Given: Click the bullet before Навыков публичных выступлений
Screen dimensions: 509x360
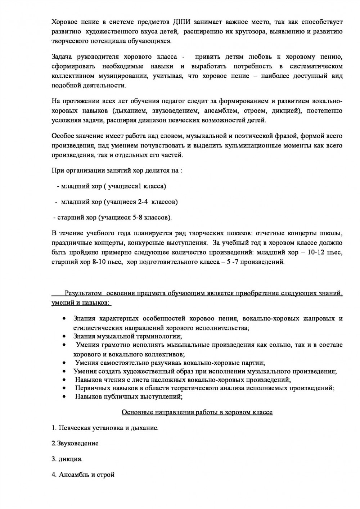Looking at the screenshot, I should pyautogui.click(x=64, y=397).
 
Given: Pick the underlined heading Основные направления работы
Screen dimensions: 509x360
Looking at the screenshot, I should pyautogui.click(x=197, y=412).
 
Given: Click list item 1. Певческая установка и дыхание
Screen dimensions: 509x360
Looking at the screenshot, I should pyautogui.click(x=105, y=428).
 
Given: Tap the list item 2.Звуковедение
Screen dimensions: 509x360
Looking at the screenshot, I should pyautogui.click(x=75, y=443).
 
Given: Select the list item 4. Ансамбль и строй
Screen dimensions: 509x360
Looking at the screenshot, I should pyautogui.click(x=83, y=474).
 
